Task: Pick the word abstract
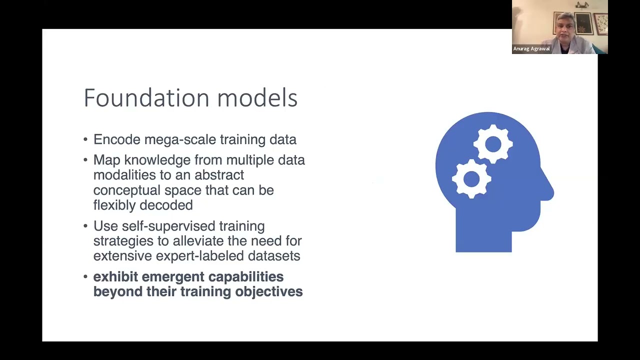[x=219, y=175]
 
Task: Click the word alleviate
[x=198, y=241]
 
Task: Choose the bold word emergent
[x=173, y=277]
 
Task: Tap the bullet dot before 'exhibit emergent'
[x=85, y=276]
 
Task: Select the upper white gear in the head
[x=493, y=144]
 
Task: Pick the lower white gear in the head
[x=471, y=178]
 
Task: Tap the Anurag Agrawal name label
[x=531, y=49]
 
